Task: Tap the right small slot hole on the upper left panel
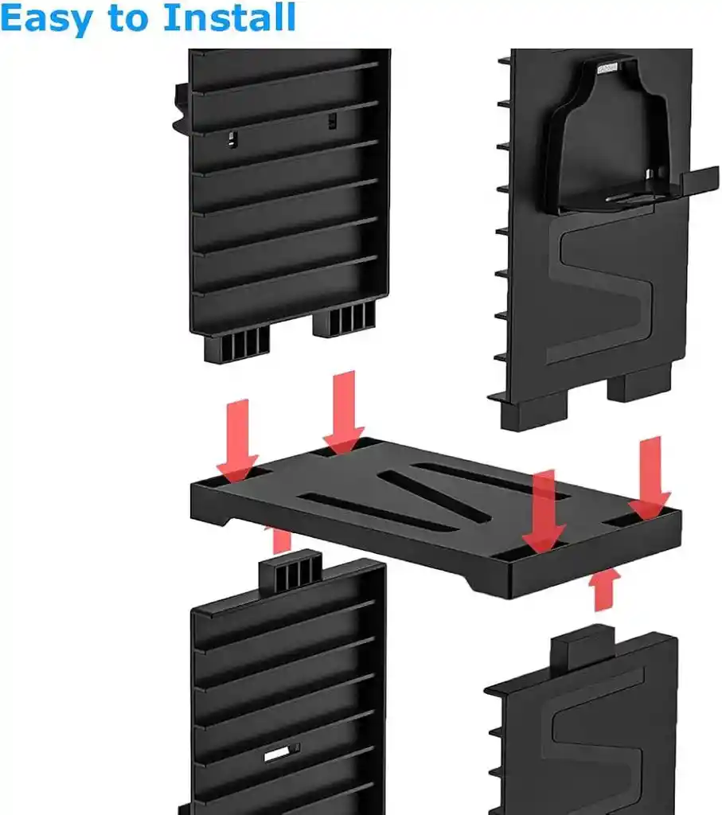[x=332, y=120]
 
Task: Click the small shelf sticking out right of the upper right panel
[x=697, y=180]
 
